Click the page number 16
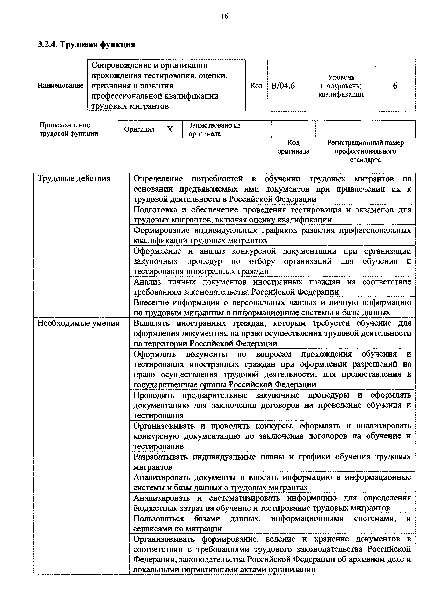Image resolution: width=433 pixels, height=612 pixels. coord(225,17)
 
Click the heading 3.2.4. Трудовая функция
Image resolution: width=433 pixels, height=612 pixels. coord(86,44)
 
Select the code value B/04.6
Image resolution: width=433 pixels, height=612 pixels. coord(283,86)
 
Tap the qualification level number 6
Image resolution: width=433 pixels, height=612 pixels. coord(395,86)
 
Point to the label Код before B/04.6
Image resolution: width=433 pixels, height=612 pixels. coord(256,86)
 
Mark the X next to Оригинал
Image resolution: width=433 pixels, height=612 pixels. coord(170,129)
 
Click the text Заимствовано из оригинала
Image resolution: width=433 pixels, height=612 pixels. coord(215,129)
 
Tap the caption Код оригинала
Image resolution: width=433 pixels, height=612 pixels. coord(293,147)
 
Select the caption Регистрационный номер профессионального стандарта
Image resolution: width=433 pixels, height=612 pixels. coord(365,151)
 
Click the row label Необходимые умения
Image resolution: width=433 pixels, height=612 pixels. coord(78,323)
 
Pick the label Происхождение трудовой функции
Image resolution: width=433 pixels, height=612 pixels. coord(69,129)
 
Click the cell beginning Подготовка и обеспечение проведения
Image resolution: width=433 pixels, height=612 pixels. coord(272,215)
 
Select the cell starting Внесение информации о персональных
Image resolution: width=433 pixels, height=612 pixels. coord(272,307)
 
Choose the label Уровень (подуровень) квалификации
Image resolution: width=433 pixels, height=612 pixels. coord(341,86)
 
